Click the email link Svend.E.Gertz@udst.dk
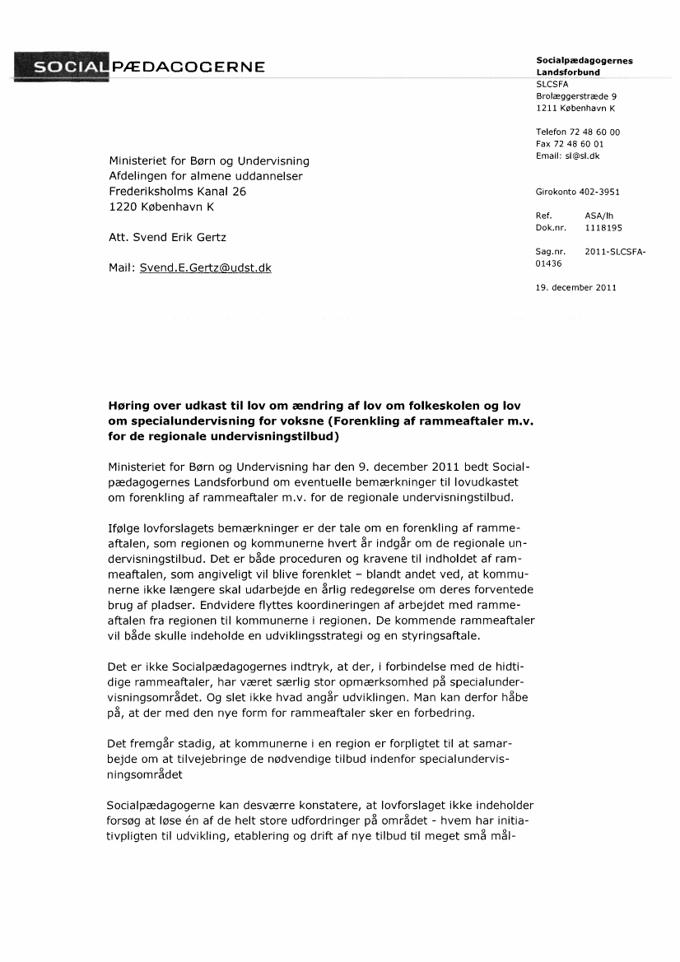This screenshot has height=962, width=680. pyautogui.click(x=205, y=267)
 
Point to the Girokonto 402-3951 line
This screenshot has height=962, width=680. pyautogui.click(x=577, y=193)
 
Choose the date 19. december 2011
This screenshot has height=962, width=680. pyautogui.click(x=575, y=287)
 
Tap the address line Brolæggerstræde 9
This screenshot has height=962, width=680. pyautogui.click(x=576, y=96)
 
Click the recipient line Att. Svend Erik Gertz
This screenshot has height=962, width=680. pyautogui.click(x=167, y=237)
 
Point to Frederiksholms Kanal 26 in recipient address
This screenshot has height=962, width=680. pyautogui.click(x=178, y=191)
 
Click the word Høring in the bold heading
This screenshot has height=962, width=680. pyautogui.click(x=129, y=406)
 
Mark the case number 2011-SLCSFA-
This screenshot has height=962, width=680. pyautogui.click(x=615, y=252)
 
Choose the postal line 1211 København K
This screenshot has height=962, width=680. pyautogui.click(x=575, y=108)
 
